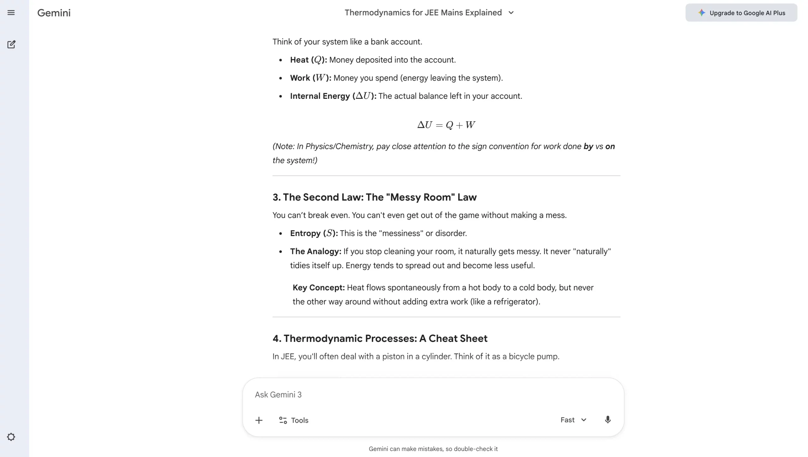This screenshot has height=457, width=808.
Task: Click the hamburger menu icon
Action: click(11, 13)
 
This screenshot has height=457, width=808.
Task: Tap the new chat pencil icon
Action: click(11, 44)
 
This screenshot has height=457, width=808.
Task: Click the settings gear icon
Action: click(11, 437)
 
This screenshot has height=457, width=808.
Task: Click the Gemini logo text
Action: click(54, 13)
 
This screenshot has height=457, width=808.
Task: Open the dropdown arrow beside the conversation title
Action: click(511, 13)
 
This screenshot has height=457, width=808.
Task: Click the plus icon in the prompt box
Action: click(259, 420)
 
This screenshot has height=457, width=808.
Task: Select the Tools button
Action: click(294, 420)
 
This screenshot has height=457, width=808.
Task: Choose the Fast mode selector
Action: click(573, 420)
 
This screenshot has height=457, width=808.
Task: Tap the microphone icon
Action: click(608, 420)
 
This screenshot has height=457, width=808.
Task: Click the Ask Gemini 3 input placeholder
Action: click(278, 395)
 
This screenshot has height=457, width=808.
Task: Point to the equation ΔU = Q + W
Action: click(446, 125)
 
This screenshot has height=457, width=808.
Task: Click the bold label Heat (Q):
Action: click(308, 60)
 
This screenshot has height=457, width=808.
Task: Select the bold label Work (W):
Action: click(311, 78)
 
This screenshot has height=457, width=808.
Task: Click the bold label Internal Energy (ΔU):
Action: click(333, 96)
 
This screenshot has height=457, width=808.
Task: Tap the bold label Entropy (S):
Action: click(314, 233)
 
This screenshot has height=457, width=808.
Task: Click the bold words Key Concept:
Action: click(318, 288)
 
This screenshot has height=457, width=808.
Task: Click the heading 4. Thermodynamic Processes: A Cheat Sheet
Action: click(380, 338)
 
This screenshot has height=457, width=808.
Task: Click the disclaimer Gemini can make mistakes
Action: click(433, 449)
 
